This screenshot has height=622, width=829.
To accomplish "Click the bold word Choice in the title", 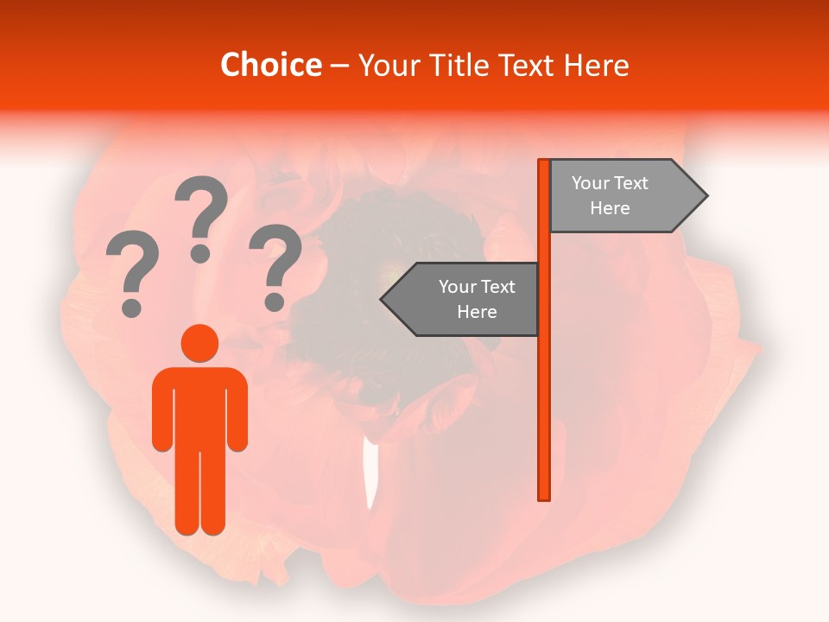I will tap(270, 66).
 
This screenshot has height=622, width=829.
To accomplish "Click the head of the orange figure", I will tap(199, 343).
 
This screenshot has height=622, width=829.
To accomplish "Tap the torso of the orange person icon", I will tap(199, 406).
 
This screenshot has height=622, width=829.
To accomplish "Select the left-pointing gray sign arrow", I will tap(462, 299).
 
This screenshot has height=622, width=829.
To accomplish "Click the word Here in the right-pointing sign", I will tap(610, 208).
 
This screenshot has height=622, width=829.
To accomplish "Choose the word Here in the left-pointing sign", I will tap(477, 312).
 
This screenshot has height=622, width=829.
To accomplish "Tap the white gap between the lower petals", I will tap(370, 475).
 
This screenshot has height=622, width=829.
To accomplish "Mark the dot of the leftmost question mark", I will tap(132, 308).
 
